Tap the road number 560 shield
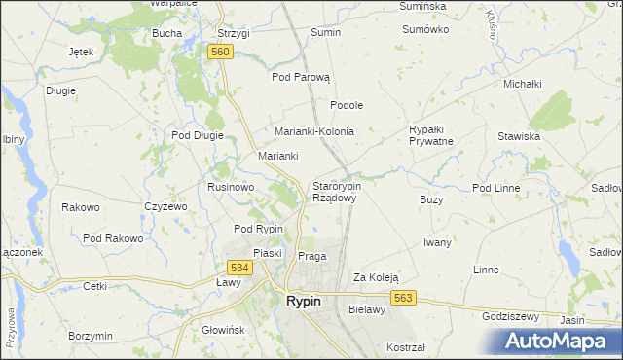pos(220,52)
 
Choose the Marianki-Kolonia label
pos(313,131)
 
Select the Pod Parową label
pos(302,77)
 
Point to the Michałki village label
pos(522,84)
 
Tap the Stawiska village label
pos(518,136)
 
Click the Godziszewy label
pos(511,316)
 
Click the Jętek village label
pos(81,52)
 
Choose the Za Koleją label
pos(376,276)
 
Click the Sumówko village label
pos(425,29)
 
